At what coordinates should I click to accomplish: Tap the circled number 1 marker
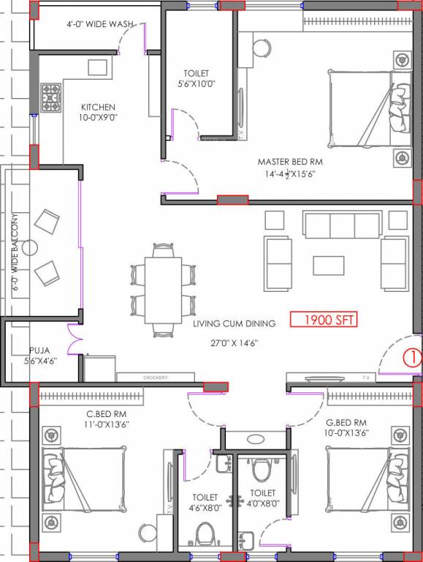(412, 358)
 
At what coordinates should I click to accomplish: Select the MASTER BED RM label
(289, 161)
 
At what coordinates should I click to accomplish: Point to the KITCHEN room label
(99, 107)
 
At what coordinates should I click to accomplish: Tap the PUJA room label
(39, 351)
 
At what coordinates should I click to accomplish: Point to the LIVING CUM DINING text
(234, 323)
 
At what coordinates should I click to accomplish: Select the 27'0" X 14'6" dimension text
(234, 342)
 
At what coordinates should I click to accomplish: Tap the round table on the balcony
(29, 248)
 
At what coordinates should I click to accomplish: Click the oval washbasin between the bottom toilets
(256, 440)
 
